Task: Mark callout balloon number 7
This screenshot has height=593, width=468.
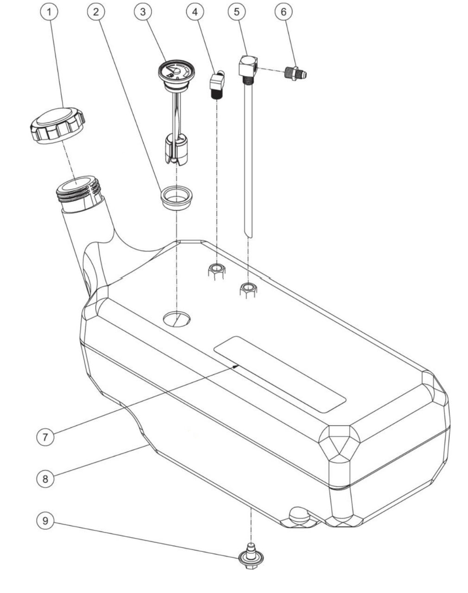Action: pyautogui.click(x=45, y=437)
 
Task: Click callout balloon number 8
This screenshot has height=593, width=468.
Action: pyautogui.click(x=45, y=478)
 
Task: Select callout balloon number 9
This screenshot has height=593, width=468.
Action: pyautogui.click(x=45, y=521)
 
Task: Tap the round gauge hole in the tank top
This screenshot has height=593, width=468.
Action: pyautogui.click(x=177, y=318)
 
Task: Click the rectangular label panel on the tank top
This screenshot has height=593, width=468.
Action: pyautogui.click(x=280, y=374)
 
